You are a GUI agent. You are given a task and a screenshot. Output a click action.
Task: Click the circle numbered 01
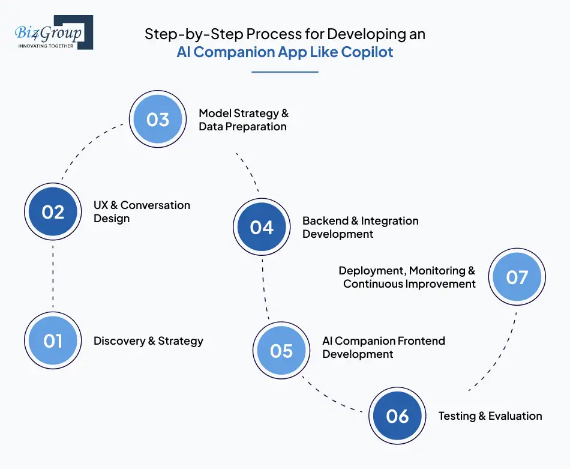point(53,341)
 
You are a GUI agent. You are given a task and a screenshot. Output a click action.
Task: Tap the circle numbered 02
point(53,212)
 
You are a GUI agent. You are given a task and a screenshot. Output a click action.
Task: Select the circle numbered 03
point(158,120)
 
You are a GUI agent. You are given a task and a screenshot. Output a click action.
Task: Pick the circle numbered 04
point(262,228)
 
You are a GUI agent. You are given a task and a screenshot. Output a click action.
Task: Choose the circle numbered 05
point(281,351)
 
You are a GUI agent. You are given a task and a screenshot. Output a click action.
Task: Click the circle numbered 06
point(397,416)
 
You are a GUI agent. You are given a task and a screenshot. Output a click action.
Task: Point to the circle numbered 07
point(517,277)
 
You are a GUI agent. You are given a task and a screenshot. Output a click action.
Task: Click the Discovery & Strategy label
point(148,341)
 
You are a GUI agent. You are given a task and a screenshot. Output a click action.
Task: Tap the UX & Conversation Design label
point(142,211)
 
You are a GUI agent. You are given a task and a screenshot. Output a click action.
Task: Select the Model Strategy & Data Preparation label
point(244,120)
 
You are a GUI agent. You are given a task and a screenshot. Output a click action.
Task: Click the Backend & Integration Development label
point(360,227)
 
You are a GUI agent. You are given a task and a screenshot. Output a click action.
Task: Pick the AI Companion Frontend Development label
point(383,347)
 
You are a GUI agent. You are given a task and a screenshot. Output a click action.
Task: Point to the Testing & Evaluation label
point(490,416)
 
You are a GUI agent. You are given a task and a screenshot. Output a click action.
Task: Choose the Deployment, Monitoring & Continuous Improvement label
point(408,277)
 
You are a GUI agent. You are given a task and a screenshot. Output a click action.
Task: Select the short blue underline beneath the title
point(284,72)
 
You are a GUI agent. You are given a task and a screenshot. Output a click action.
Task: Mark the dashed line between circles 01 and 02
point(53,276)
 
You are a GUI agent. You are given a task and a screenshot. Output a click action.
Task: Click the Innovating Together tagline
point(46,46)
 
